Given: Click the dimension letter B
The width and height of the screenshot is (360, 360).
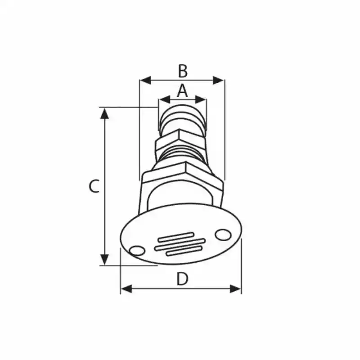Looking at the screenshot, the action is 183,71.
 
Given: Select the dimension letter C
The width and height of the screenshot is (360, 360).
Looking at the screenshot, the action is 94,186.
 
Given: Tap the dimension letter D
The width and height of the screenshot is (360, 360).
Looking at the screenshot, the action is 182,279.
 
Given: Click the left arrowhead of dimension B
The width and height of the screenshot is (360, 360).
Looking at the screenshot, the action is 145,81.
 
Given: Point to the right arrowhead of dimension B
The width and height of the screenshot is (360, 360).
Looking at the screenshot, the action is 218,81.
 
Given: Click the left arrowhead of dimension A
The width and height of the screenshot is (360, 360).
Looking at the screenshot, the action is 165,99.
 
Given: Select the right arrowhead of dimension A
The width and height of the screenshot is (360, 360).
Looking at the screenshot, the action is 200,99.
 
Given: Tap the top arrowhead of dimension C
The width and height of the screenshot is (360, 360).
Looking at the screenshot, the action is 105,114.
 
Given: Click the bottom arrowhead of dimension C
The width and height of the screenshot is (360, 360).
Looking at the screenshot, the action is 105,260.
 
